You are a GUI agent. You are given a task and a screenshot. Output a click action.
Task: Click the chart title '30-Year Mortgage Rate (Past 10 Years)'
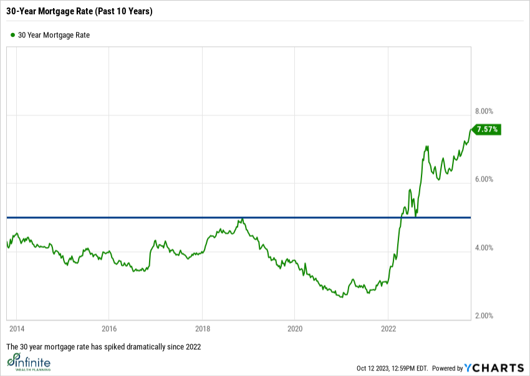[80, 11]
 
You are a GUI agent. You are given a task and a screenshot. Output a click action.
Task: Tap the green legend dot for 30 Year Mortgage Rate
[12, 36]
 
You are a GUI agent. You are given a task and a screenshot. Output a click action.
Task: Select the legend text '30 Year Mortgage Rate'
[54, 36]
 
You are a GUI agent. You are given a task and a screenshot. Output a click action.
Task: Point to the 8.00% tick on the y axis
[484, 112]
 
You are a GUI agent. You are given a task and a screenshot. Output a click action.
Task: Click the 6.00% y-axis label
[484, 180]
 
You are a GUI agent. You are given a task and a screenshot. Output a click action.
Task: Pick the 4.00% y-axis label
[484, 248]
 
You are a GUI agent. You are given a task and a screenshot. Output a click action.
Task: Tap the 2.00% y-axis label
[484, 316]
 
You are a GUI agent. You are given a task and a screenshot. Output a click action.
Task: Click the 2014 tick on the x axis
[16, 328]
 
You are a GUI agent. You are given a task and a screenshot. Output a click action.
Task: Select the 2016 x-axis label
[109, 328]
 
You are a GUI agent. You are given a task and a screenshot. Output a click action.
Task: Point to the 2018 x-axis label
[202, 328]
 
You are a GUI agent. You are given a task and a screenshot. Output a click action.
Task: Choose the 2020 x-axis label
[295, 328]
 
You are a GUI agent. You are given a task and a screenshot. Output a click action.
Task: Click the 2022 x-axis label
[388, 328]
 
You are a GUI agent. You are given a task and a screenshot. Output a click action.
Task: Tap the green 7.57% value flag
[486, 130]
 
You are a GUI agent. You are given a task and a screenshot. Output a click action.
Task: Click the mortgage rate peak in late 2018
[241, 219]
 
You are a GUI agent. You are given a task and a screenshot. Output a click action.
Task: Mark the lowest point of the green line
[341, 297]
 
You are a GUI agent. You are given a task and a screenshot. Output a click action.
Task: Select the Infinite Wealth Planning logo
[29, 362]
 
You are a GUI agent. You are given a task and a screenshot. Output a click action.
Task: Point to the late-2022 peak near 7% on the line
[427, 147]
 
